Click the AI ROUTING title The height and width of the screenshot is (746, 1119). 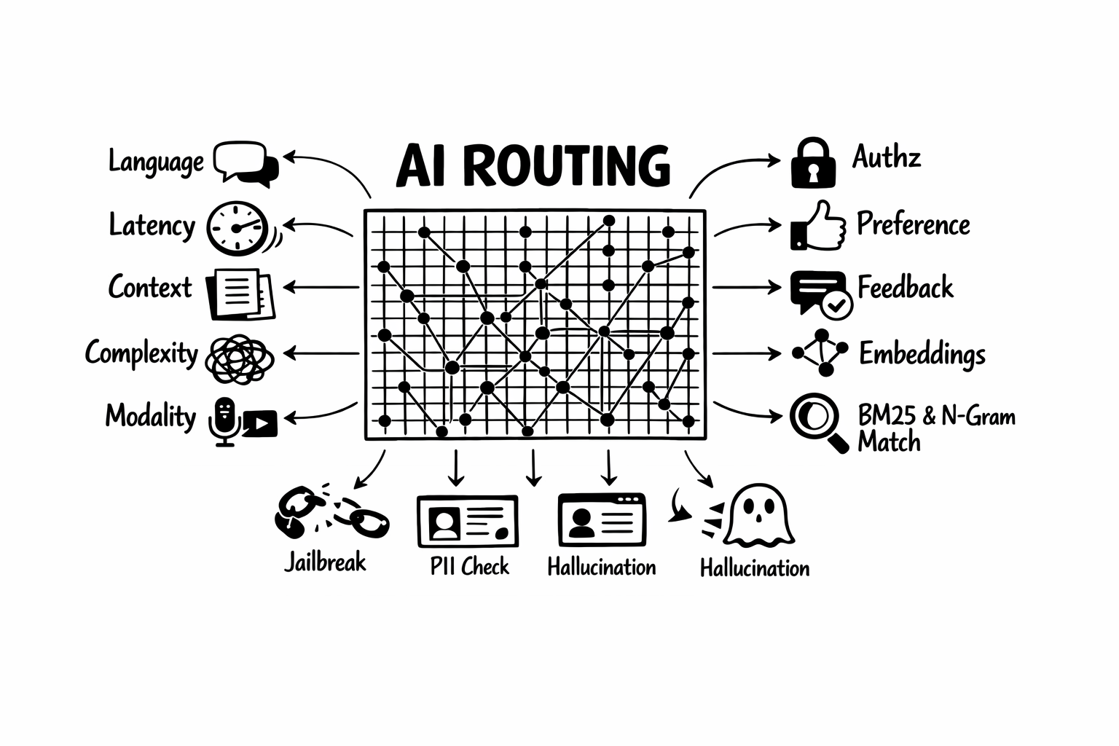tap(533, 166)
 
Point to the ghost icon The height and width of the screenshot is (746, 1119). tap(758, 515)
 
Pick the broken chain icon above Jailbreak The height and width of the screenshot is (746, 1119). tap(331, 511)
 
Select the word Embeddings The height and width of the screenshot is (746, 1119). tap(922, 354)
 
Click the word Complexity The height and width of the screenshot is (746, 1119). tap(141, 353)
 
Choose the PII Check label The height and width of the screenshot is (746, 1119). tap(469, 566)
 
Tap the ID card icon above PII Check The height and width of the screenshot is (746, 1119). tap(468, 522)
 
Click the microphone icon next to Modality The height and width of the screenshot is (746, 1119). tap(224, 421)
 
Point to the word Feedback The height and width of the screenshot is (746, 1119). tap(905, 288)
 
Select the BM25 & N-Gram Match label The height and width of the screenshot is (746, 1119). tap(935, 429)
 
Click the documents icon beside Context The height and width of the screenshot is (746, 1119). tap(240, 294)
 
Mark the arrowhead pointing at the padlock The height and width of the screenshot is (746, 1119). tap(774, 160)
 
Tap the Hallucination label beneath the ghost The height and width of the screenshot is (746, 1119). tap(754, 568)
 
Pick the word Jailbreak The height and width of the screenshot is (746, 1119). tap(325, 562)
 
